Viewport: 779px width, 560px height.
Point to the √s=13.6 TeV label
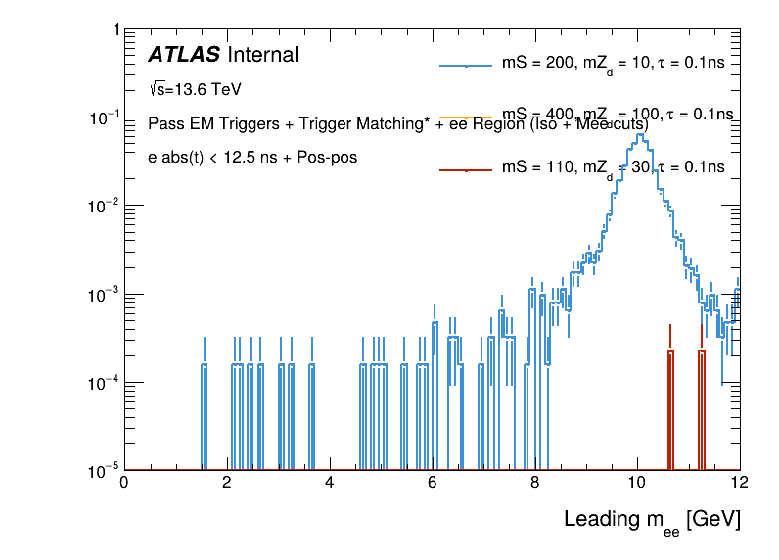click(195, 89)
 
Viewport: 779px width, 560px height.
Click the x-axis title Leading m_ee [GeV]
click(651, 520)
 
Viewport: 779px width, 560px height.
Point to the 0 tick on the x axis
click(123, 483)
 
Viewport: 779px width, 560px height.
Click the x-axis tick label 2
click(226, 483)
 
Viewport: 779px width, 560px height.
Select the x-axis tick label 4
click(329, 483)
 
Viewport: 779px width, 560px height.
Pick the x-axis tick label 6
click(432, 483)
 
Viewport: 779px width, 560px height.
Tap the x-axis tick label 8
click(534, 483)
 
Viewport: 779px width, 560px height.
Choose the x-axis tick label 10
click(637, 483)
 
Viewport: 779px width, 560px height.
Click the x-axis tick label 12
click(740, 483)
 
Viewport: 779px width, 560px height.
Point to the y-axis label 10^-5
click(101, 471)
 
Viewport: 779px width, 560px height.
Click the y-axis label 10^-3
click(101, 295)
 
